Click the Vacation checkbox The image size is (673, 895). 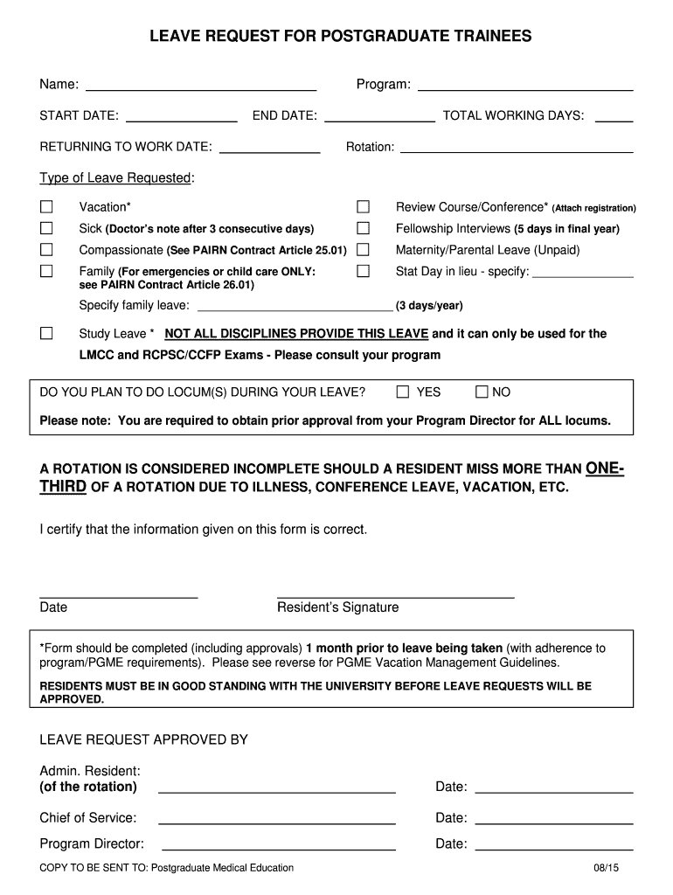[46, 207]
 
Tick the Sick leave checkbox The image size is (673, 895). [46, 229]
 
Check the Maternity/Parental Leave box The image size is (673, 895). [364, 250]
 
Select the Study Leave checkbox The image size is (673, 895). [46, 334]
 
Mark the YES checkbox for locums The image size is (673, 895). [403, 392]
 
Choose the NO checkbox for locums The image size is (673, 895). [481, 392]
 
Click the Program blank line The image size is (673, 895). [525, 86]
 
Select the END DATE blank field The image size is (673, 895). [379, 116]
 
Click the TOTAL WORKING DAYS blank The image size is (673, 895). [615, 116]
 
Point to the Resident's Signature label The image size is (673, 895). [337, 607]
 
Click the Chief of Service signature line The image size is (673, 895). [277, 819]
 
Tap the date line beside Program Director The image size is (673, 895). [553, 844]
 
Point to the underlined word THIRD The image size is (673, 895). [63, 487]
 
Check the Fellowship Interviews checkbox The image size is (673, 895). [364, 229]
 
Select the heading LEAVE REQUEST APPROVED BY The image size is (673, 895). [144, 740]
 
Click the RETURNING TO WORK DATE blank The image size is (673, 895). [269, 148]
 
